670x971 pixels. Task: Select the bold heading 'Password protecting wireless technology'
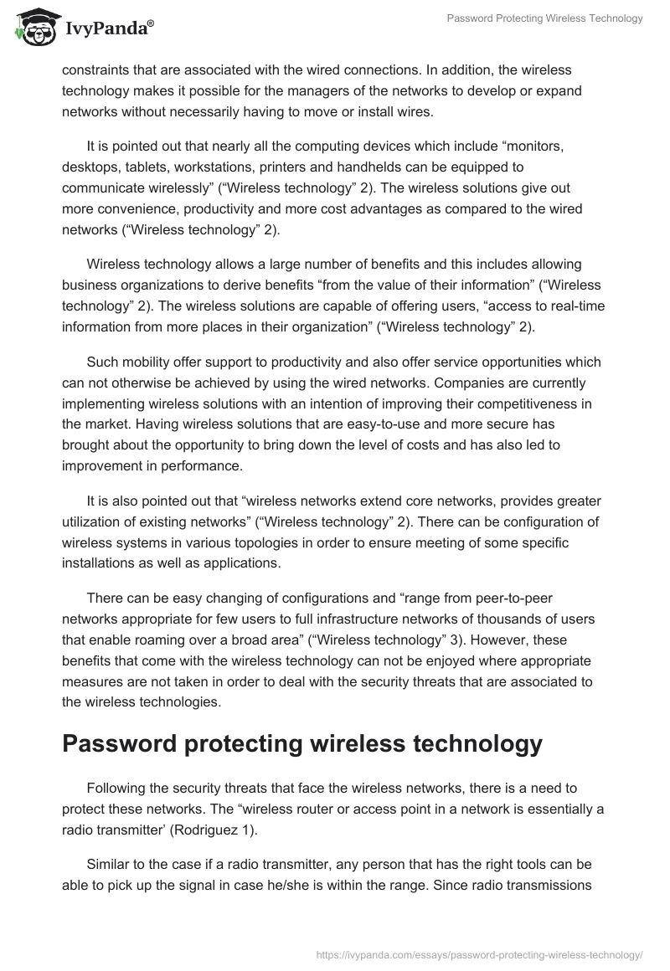click(x=302, y=742)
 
